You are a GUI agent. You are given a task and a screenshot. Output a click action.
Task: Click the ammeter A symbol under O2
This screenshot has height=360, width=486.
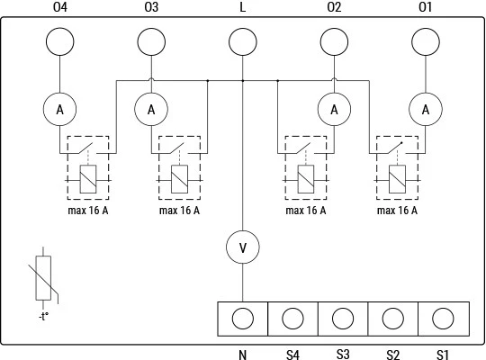click(x=334, y=109)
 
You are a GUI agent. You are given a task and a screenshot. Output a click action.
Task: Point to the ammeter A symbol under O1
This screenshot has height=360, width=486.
click(x=426, y=109)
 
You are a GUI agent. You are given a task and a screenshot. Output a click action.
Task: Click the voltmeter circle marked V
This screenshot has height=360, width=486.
click(x=243, y=247)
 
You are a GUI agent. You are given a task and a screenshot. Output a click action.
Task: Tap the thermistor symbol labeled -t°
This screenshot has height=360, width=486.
click(x=43, y=278)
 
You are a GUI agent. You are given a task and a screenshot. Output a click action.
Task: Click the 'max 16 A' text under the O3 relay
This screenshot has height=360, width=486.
click(x=179, y=211)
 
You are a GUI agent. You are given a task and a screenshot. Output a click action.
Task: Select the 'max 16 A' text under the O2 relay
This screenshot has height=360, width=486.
click(x=306, y=211)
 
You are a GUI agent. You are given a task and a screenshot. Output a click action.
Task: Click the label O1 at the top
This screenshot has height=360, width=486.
click(x=425, y=7)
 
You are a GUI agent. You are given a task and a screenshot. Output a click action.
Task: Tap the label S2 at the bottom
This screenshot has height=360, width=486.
click(x=392, y=355)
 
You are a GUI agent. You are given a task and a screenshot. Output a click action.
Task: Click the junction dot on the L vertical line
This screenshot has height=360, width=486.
click(x=243, y=81)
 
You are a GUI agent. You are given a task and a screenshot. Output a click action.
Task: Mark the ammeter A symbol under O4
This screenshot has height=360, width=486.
click(x=59, y=109)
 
